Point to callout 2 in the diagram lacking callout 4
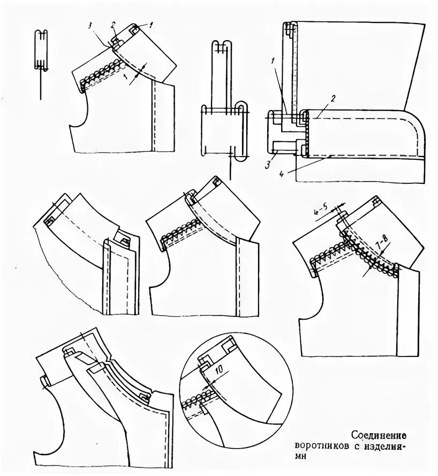click(x=113, y=25)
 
